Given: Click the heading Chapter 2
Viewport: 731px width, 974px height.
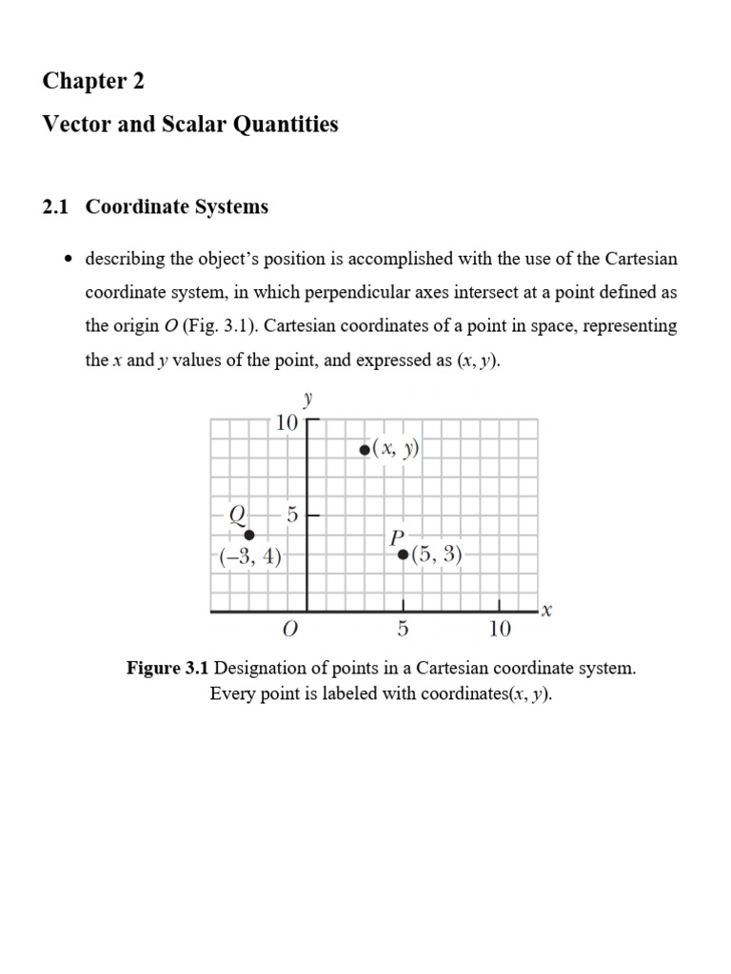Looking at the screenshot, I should click(x=93, y=81).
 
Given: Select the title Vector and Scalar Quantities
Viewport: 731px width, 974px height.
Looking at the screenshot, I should click(x=190, y=124).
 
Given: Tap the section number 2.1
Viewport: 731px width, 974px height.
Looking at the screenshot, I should click(x=55, y=206).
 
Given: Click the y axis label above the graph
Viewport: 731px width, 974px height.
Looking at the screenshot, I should click(x=307, y=399).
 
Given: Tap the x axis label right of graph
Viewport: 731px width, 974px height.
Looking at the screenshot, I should click(x=546, y=612).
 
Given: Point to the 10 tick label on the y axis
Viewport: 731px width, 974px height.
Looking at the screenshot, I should click(x=286, y=423).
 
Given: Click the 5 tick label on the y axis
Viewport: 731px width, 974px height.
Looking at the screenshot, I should click(x=292, y=515).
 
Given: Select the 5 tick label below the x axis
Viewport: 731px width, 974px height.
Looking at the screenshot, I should click(x=403, y=629).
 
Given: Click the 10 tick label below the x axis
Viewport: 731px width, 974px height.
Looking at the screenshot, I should click(x=500, y=629).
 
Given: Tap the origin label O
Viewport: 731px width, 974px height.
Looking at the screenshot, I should click(x=291, y=629).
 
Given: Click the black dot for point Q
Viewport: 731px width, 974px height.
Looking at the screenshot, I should click(x=249, y=535).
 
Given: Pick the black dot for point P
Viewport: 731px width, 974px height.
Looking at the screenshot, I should click(x=403, y=554).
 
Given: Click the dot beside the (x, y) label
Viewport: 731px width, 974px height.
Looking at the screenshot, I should click(x=365, y=450).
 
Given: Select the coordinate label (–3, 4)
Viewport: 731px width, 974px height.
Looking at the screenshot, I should click(x=249, y=557).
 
